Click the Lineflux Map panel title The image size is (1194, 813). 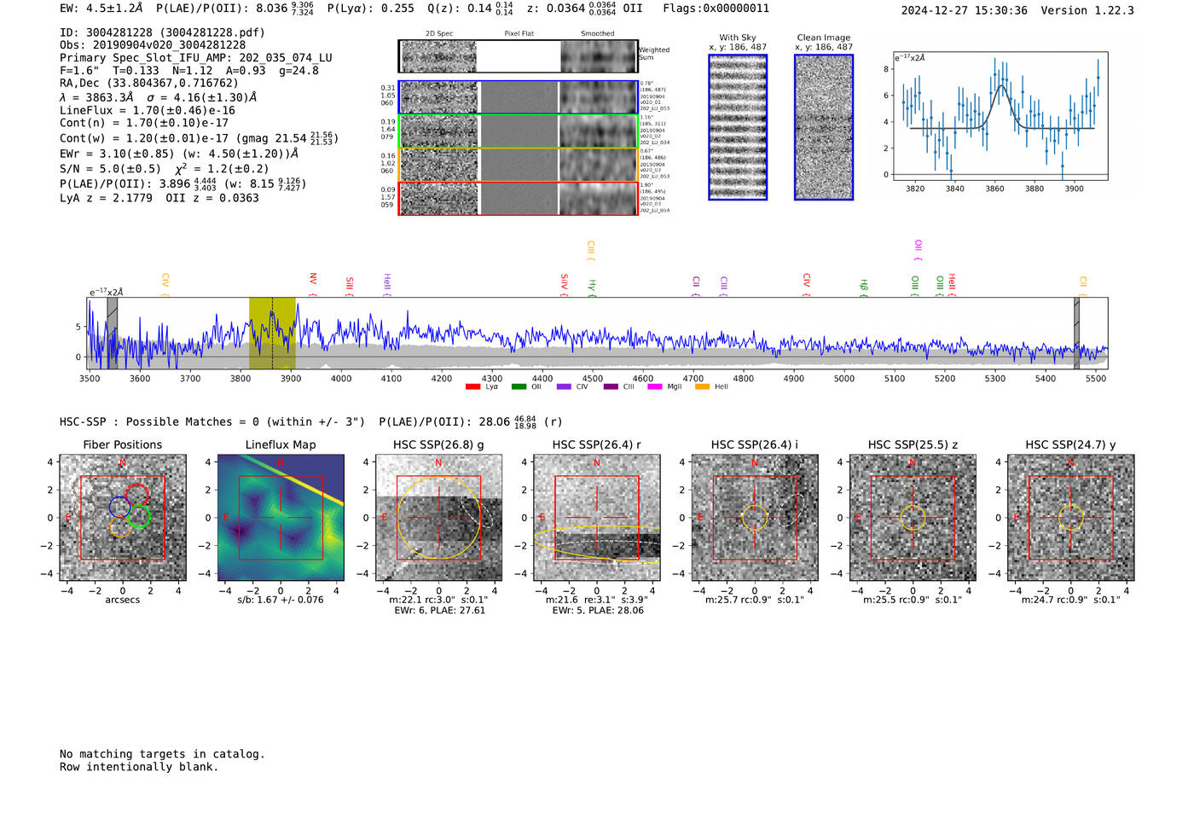[x=281, y=444]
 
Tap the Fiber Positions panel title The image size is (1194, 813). [x=122, y=444]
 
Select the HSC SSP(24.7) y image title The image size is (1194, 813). [x=1070, y=444]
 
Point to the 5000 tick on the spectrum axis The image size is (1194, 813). [x=843, y=378]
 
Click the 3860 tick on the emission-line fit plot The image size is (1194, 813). [x=994, y=189]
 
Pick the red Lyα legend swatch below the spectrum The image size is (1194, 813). [x=473, y=387]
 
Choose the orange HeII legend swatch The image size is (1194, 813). [x=703, y=387]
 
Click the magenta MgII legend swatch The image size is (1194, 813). [x=655, y=387]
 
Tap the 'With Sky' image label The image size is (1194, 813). [x=738, y=38]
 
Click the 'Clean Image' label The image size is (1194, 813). [x=824, y=38]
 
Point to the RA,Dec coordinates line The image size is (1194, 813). [x=149, y=84]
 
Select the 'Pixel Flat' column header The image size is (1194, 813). [x=519, y=34]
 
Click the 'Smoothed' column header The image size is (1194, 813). [x=597, y=34]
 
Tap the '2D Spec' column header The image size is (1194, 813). [x=439, y=34]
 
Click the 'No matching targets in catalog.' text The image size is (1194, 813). [x=162, y=754]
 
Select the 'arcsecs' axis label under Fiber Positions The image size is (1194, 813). [x=122, y=600]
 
